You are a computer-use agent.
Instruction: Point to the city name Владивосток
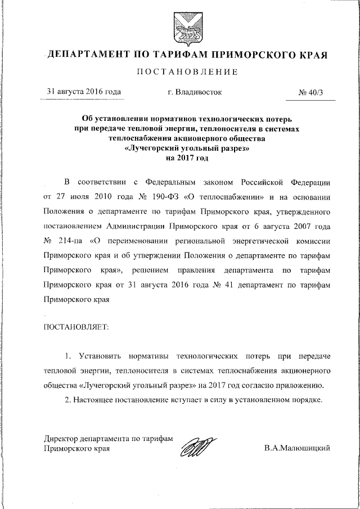[195, 91]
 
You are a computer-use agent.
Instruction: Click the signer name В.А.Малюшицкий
[295, 448]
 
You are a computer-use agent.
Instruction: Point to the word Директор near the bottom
[60, 439]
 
